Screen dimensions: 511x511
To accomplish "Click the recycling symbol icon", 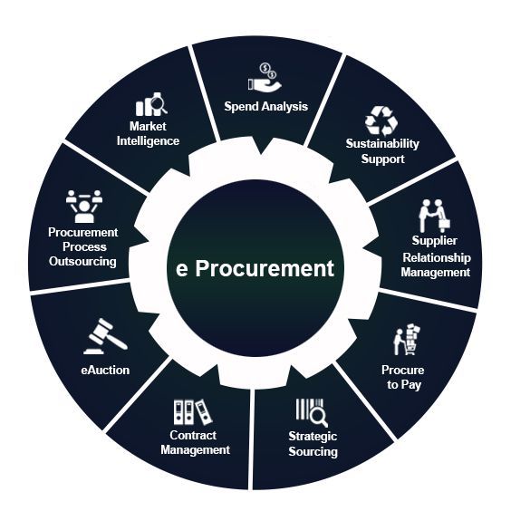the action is pos(381,121).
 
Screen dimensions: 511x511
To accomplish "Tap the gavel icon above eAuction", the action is pos(105,336).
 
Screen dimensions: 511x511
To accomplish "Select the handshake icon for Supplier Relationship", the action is pos(435,216).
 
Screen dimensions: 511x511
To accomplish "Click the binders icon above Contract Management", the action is pos(193,412).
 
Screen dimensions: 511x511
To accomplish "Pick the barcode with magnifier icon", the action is pos(312,412).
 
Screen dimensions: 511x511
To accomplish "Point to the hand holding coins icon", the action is pos(265,77).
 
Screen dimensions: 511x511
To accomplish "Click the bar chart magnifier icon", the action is pos(152,104).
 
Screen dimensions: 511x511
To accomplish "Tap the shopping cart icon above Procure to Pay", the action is pos(407,340).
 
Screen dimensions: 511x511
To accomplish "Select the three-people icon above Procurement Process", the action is pos(84,207).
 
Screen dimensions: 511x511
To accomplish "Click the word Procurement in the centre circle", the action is pos(265,268).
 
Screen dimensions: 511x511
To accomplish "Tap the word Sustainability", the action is pos(382,144).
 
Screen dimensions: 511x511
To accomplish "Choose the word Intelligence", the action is pos(148,141).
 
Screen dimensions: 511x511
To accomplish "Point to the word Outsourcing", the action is pos(82,261).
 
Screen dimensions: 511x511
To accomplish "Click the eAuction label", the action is pos(105,371).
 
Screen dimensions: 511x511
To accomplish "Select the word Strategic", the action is pos(313,437).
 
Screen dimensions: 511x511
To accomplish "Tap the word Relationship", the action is pos(437,258).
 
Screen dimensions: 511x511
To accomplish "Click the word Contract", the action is pos(193,436).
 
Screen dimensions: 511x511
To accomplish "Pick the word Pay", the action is pos(411,385).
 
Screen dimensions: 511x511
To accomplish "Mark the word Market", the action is pos(148,127).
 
